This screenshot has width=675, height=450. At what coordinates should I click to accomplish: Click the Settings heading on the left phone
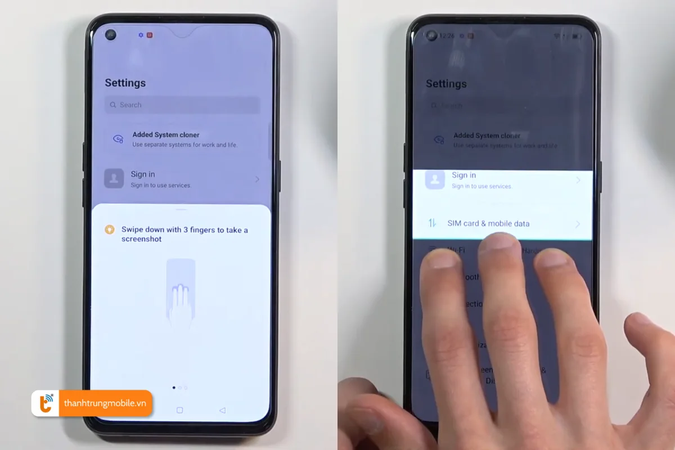tap(125, 83)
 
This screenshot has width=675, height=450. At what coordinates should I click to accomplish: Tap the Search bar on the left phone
tap(182, 105)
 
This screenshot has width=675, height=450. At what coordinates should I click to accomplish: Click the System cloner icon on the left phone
tap(118, 139)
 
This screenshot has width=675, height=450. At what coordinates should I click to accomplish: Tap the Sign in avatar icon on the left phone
tap(114, 179)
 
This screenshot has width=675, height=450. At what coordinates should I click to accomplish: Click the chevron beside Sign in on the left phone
tap(257, 179)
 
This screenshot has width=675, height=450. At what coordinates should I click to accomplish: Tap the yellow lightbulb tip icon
tap(110, 229)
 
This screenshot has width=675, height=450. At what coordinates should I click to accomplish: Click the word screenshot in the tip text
tap(141, 239)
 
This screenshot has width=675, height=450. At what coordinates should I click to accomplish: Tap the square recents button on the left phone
tap(179, 410)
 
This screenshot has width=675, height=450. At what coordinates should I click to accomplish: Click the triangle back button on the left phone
tap(222, 410)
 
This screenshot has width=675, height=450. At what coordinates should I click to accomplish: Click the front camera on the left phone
tap(111, 35)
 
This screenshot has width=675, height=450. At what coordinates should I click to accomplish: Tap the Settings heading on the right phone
tap(446, 84)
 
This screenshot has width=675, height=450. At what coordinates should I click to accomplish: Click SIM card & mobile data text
tap(488, 223)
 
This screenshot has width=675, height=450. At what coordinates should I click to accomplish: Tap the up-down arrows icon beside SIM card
tap(432, 223)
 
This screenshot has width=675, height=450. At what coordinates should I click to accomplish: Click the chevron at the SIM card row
tap(577, 224)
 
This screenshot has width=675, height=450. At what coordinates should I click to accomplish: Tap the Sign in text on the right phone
tap(463, 175)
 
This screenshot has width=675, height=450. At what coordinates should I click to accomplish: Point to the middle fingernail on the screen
tap(500, 244)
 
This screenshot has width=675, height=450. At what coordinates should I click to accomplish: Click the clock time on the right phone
tap(447, 36)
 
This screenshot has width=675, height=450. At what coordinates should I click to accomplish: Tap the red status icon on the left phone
tap(150, 35)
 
